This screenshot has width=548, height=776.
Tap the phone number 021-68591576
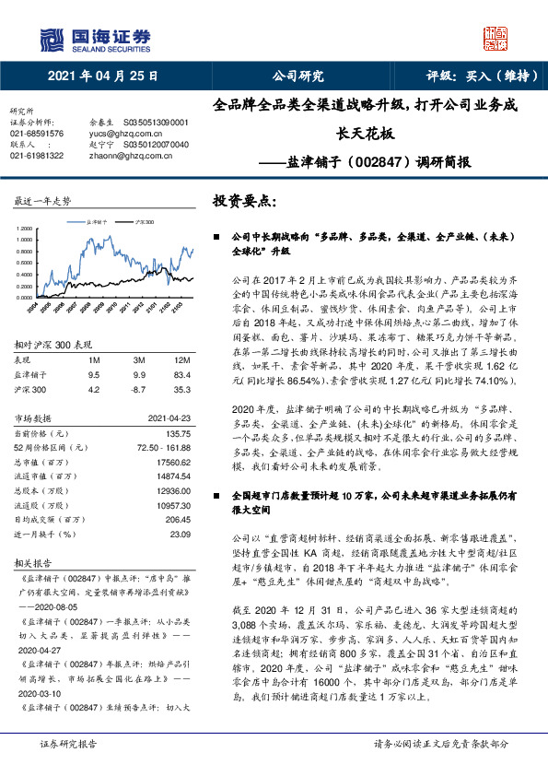click(37, 134)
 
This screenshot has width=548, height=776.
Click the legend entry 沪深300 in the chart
click(145, 222)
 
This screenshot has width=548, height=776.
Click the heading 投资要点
click(244, 200)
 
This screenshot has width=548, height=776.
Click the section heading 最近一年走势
click(42, 200)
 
